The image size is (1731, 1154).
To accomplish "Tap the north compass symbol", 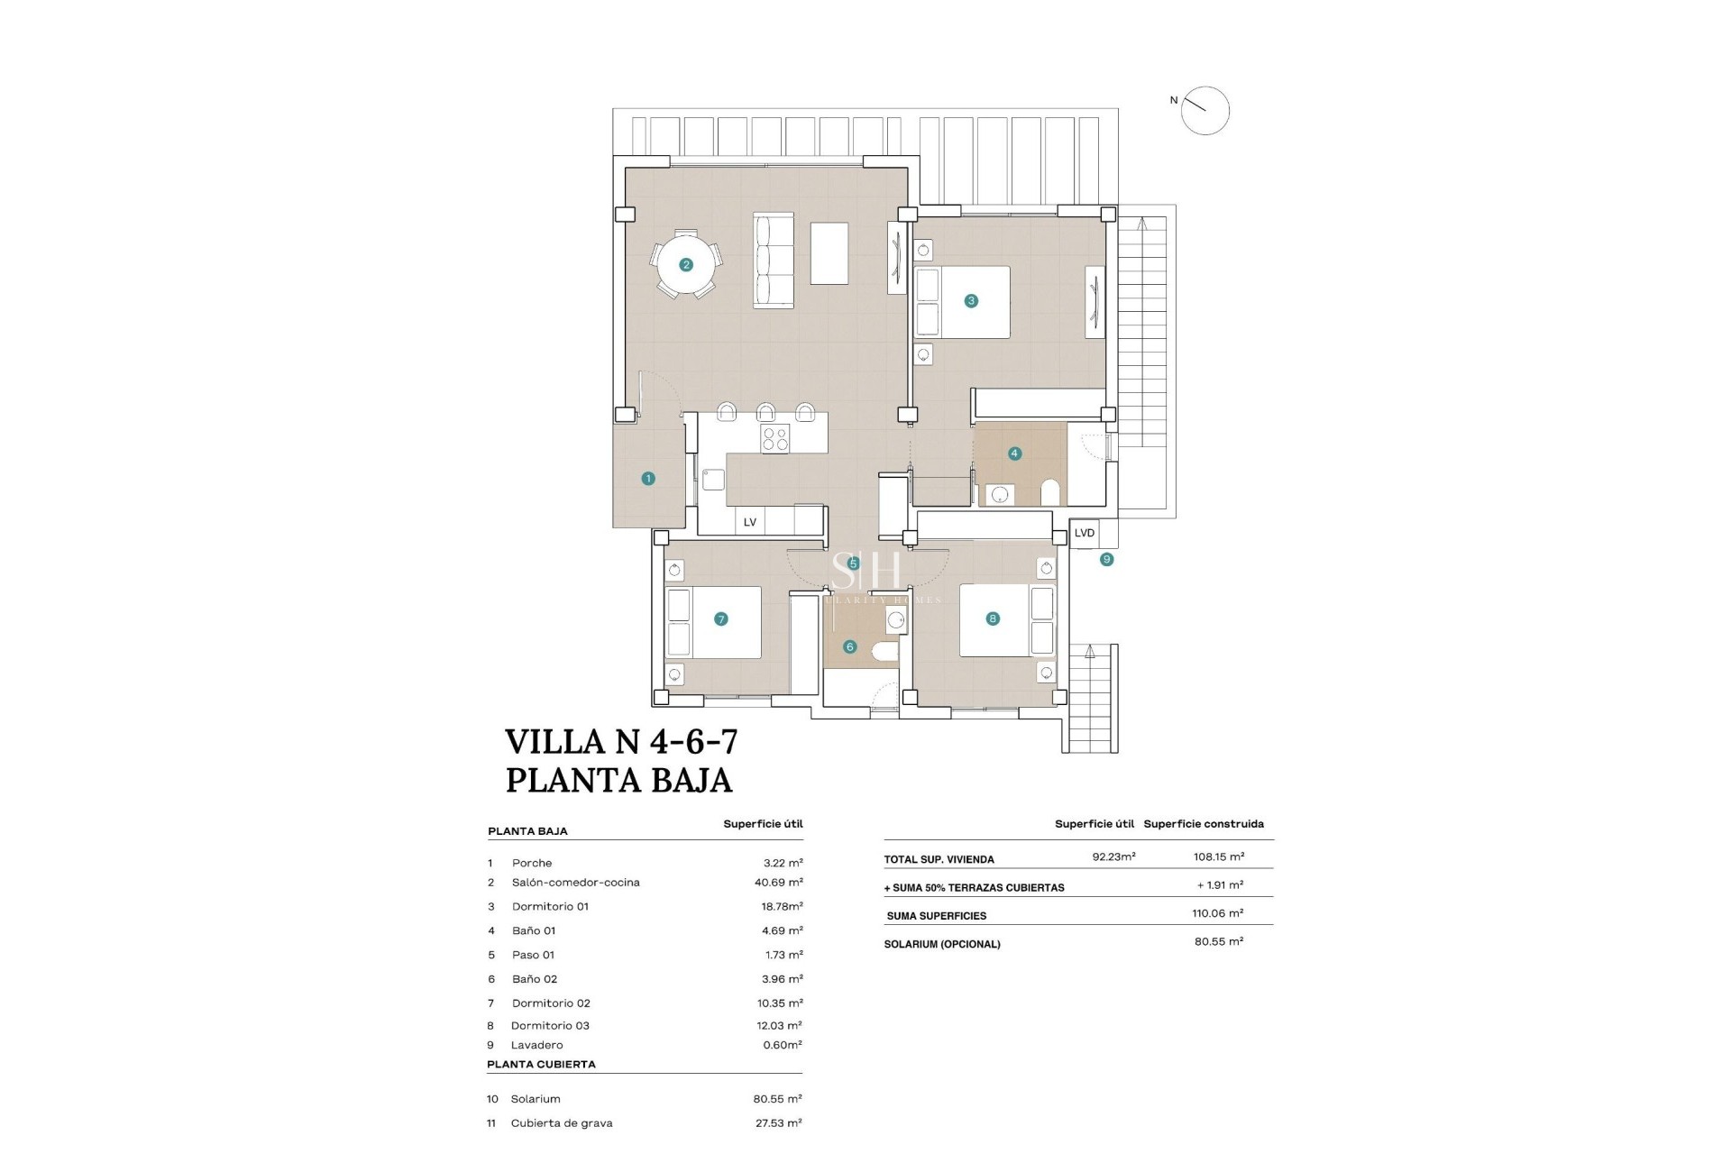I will coord(1204,111).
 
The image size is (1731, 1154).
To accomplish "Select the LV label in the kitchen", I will coord(749,522).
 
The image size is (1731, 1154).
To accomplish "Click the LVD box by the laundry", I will coord(1085,533).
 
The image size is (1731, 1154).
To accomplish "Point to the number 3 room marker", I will coord(971,301).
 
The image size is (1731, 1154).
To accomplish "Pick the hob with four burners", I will coord(774,439).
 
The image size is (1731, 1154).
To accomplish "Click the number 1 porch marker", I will coord(647,479).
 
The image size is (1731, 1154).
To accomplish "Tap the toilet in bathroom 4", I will coord(1049,492).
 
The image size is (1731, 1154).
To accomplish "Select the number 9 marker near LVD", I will coord(1106,560).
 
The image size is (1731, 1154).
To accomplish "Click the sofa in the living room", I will coord(774,261).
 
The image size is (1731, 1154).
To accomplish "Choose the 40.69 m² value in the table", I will coord(778,883).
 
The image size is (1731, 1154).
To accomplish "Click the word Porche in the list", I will coord(532,863).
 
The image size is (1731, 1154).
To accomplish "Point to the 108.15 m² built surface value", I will coord(1218,856).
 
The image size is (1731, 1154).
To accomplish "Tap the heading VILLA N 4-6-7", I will coord(621,742).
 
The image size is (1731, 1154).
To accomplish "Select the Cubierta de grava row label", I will coord(561,1123).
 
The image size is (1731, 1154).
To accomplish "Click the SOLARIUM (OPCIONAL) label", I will coord(943,944).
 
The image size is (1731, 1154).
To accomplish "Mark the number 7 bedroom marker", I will coord(720,619).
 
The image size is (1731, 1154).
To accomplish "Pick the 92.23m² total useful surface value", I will coord(1113,856).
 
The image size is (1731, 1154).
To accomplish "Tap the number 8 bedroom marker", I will coord(993,618).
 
